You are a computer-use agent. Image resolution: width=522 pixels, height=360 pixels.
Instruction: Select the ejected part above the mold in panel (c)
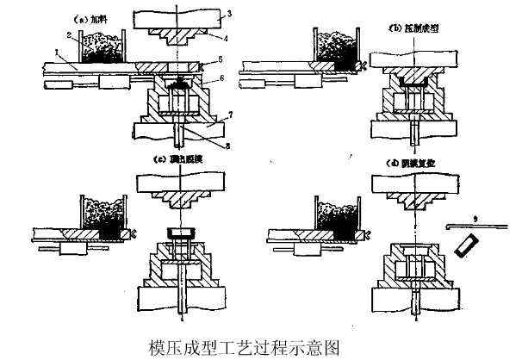tap(179, 233)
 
